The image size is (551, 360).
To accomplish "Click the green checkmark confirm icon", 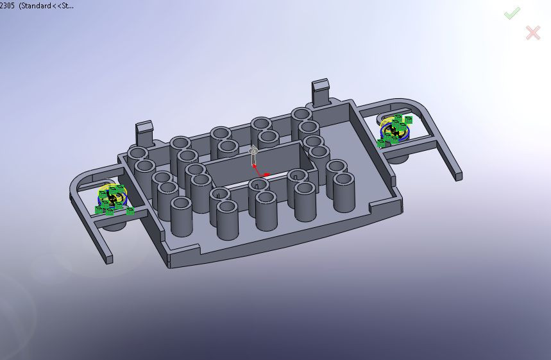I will [x=511, y=13].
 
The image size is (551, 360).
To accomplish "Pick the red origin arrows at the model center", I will [x=260, y=173].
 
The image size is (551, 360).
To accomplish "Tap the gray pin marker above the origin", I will [x=253, y=154].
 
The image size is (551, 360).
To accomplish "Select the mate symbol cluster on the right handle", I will [x=395, y=130].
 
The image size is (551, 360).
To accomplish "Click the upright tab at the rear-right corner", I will [x=321, y=91].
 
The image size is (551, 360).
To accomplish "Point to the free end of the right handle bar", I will [x=457, y=174].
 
